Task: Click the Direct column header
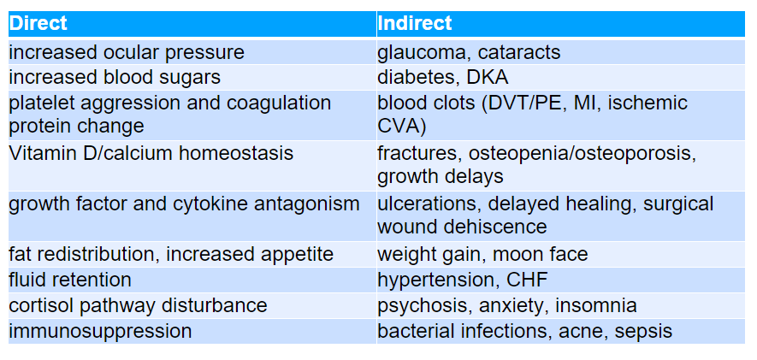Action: [38, 23]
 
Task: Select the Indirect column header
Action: [415, 23]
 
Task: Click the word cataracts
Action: [519, 53]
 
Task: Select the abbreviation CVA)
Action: [401, 126]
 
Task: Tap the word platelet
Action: [40, 103]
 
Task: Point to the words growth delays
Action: [441, 177]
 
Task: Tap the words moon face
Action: [541, 254]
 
